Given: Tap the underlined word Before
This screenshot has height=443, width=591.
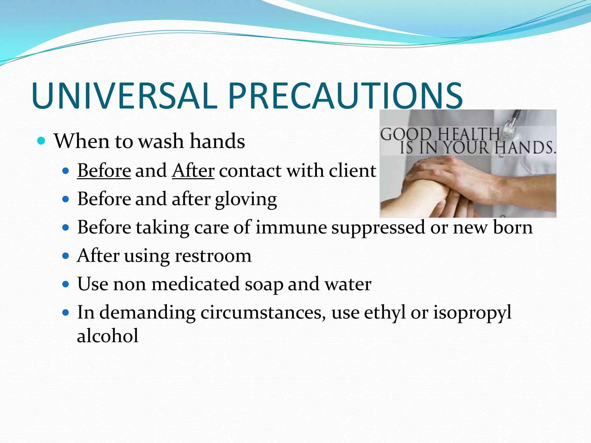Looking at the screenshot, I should click(x=104, y=170).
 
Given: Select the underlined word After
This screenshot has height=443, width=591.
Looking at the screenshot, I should click(x=193, y=170).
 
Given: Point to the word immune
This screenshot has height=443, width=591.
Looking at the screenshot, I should click(x=291, y=227).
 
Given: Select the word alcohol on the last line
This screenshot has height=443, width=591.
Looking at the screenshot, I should click(x=108, y=336).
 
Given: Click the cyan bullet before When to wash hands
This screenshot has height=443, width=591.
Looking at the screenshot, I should click(x=42, y=141).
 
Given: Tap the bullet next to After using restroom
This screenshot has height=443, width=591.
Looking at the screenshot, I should click(x=66, y=256).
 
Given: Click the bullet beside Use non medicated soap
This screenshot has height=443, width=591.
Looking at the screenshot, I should click(x=66, y=284).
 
